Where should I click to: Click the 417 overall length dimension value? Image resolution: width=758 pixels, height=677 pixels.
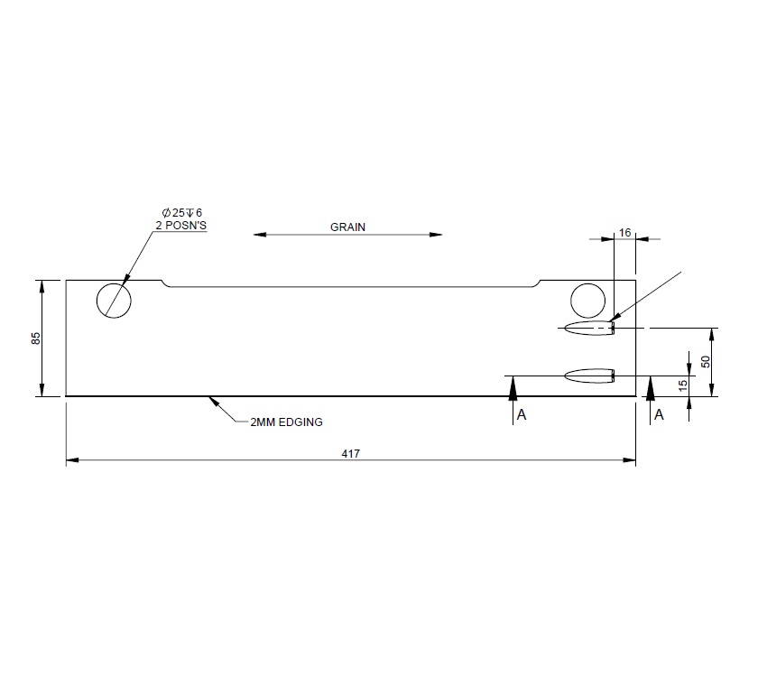click(x=351, y=453)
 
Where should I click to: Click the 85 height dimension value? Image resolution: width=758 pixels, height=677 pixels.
click(x=36, y=338)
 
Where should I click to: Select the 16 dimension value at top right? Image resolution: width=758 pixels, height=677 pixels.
click(x=624, y=232)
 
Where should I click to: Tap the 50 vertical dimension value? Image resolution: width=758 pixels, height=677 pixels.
click(x=706, y=361)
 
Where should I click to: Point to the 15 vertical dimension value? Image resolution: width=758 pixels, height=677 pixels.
click(x=683, y=385)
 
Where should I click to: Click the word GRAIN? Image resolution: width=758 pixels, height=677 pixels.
click(x=347, y=227)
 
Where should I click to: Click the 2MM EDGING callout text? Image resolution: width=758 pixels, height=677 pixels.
click(x=286, y=422)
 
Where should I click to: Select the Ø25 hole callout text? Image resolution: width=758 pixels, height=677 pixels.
click(x=177, y=213)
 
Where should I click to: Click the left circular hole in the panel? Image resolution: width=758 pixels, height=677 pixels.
click(x=115, y=299)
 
